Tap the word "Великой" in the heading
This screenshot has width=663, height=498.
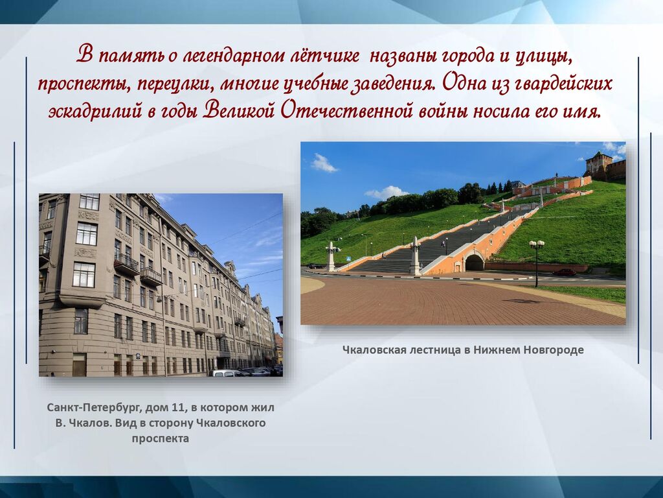(240, 111)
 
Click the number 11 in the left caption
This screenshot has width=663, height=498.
(179, 407)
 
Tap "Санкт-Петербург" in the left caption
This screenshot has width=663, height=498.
(95, 408)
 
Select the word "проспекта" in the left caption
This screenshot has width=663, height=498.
(161, 439)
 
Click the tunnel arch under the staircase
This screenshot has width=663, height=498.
(475, 263)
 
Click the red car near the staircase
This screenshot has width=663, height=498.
(565, 272)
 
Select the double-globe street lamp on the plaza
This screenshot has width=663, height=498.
(537, 263)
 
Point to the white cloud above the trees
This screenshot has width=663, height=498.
(386, 193)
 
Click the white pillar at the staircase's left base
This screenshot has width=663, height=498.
(331, 257)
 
